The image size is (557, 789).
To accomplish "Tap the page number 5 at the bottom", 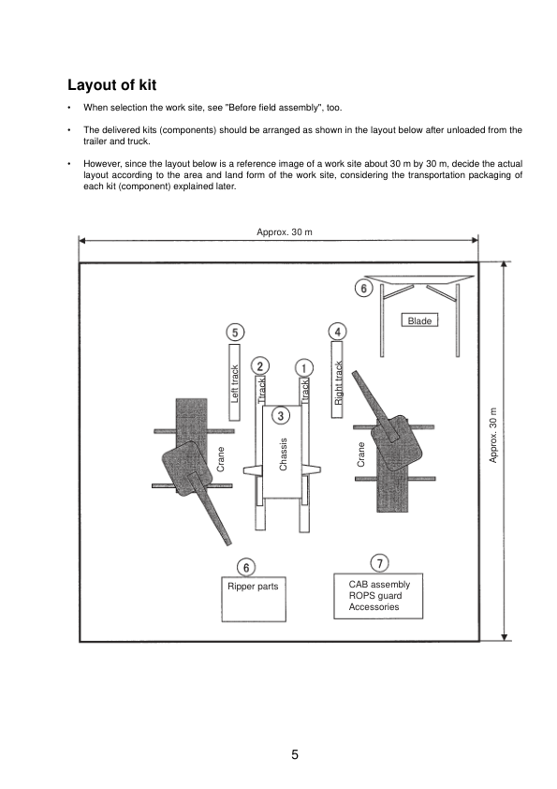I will pos(295,754).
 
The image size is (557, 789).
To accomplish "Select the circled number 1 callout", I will pos(303,366).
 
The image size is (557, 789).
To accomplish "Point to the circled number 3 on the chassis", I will pos(281,414).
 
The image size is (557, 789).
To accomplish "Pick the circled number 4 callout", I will pos(338,331).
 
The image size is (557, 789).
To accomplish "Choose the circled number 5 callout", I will pos(236,332).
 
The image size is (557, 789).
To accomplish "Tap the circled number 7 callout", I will pos(379,562).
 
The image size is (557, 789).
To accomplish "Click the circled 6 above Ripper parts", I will pos(245,567).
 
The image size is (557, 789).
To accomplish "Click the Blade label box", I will pos(419,321).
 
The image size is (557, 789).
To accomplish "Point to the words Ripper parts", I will pos(253,588).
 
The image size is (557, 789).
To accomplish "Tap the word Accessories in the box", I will pos(374,607).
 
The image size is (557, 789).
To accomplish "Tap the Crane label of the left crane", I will pos(221,459).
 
